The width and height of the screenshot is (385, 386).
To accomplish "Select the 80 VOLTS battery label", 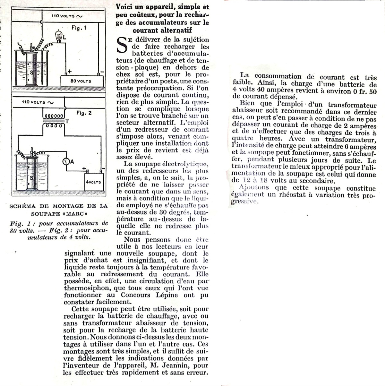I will (81, 81).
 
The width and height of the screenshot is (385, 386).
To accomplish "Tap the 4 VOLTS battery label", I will (93, 182).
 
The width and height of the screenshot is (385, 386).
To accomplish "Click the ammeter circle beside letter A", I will (66, 162).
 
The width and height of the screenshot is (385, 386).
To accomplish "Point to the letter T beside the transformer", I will (67, 121).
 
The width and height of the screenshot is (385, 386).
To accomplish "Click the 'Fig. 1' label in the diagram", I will (79, 28).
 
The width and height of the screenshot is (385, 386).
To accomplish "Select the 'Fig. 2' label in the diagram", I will (84, 113).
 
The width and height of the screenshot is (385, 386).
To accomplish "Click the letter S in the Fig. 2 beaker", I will (31, 177).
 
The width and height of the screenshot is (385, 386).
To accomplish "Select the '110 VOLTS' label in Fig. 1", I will (63, 16).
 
